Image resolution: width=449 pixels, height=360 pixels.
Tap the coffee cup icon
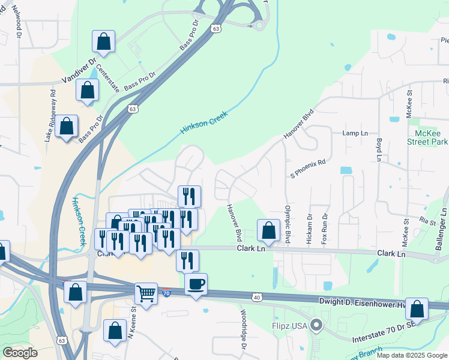196,284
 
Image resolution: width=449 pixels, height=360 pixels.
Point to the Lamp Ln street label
354,133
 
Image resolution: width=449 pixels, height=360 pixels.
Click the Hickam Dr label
310,228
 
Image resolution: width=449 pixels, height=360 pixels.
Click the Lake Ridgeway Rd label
50,116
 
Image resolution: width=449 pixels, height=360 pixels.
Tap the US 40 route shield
258,296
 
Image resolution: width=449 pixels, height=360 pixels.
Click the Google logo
20,353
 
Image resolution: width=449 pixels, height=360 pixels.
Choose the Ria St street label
428,222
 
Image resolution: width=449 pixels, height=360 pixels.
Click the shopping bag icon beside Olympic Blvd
268,231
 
